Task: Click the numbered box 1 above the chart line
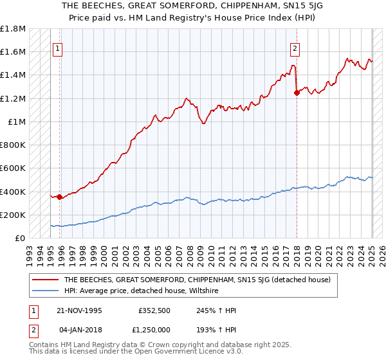pos(58,48)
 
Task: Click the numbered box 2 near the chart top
pos(295,48)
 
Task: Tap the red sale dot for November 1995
pos(59,197)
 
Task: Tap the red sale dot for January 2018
pos(297,93)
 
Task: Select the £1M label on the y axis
pos(17,122)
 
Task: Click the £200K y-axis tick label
pos(14,215)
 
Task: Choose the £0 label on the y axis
pos(20,238)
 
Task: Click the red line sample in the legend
pos(45,280)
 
